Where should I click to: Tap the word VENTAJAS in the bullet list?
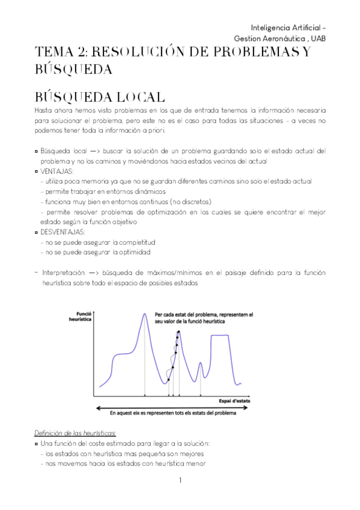tap(56, 171)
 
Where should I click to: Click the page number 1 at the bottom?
tap(180, 481)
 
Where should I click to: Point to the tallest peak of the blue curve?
tap(145, 314)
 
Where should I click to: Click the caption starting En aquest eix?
tap(172, 413)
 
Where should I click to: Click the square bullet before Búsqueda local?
tap(37, 151)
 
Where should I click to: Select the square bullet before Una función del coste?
tap(37, 444)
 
